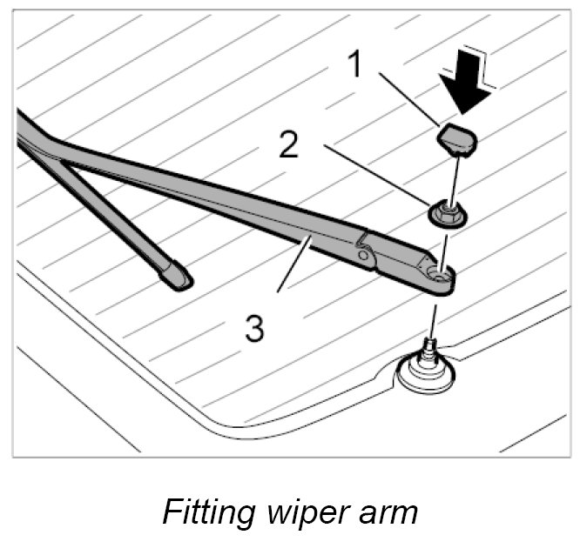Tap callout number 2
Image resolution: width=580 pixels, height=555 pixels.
click(289, 145)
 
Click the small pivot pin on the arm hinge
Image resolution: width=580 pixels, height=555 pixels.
click(361, 256)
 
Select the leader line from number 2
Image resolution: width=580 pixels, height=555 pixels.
click(374, 178)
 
